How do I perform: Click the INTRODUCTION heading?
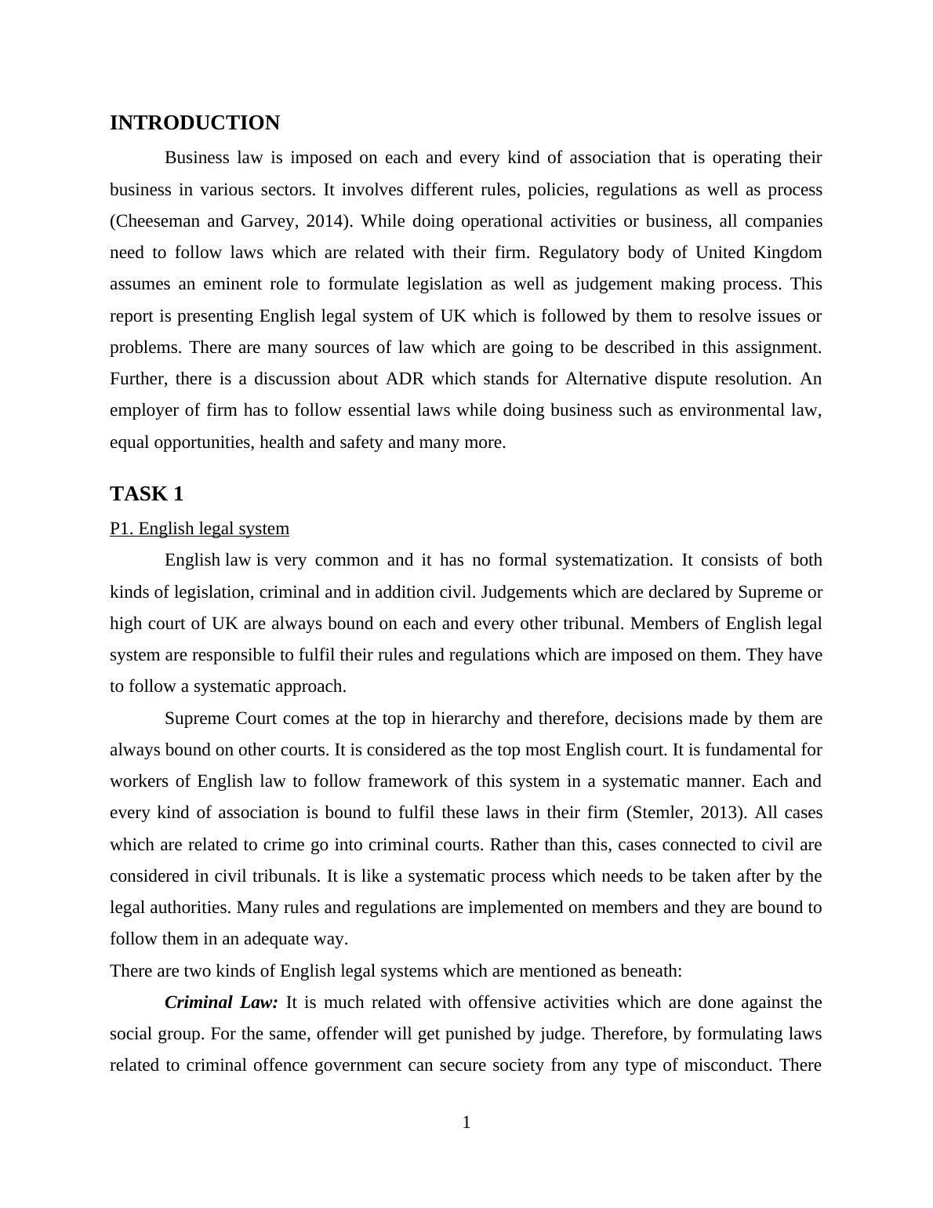coord(194,123)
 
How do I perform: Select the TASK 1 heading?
coord(147,494)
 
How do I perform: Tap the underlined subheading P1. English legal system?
coord(199,529)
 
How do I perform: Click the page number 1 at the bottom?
coord(466,1123)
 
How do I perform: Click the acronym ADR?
coord(405,379)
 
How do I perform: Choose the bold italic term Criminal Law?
coord(221,1002)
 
